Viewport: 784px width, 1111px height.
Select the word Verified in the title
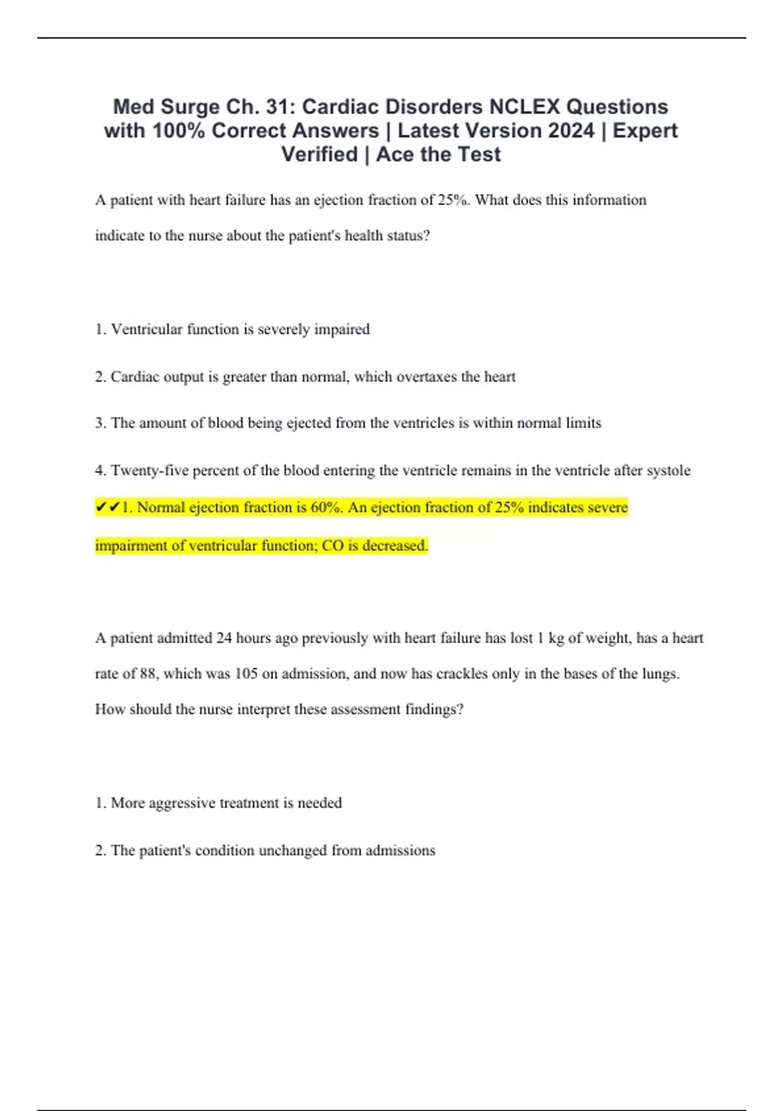pos(319,155)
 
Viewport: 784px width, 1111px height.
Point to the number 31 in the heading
pos(279,107)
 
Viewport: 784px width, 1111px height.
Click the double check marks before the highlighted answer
pos(107,508)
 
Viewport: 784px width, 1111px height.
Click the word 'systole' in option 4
pos(668,471)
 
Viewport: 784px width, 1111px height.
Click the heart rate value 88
pos(148,674)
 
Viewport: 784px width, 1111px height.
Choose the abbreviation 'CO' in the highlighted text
pos(333,546)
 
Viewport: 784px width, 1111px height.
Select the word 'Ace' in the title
pos(396,155)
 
